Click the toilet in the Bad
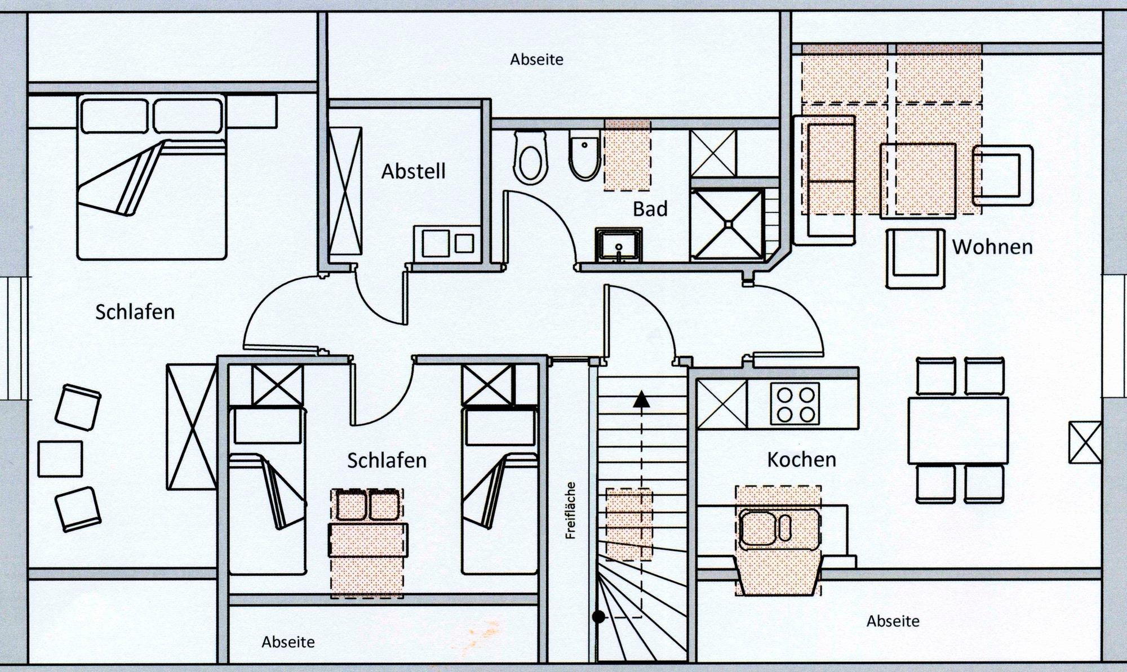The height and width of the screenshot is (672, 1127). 530,157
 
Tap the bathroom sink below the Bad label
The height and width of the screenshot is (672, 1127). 619,244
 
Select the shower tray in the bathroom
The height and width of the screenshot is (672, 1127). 727,224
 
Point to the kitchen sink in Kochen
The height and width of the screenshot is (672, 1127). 778,529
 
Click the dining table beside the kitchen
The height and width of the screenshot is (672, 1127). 958,430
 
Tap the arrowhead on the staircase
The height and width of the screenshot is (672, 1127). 641,399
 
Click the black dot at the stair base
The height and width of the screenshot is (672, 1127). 598,617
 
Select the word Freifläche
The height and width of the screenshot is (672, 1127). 571,510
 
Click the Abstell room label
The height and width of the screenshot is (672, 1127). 414,171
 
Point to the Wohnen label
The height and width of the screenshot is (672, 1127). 992,247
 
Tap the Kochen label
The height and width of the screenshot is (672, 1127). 801,460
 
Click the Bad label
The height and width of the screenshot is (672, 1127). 650,209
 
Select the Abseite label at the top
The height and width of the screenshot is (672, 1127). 536,59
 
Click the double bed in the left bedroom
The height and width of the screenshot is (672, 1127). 152,177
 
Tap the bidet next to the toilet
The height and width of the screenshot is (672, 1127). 585,155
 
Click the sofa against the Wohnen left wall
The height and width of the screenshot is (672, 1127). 824,180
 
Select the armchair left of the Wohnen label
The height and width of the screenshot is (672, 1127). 915,259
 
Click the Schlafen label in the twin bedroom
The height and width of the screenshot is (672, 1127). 387,461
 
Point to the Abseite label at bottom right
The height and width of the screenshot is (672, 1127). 893,621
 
